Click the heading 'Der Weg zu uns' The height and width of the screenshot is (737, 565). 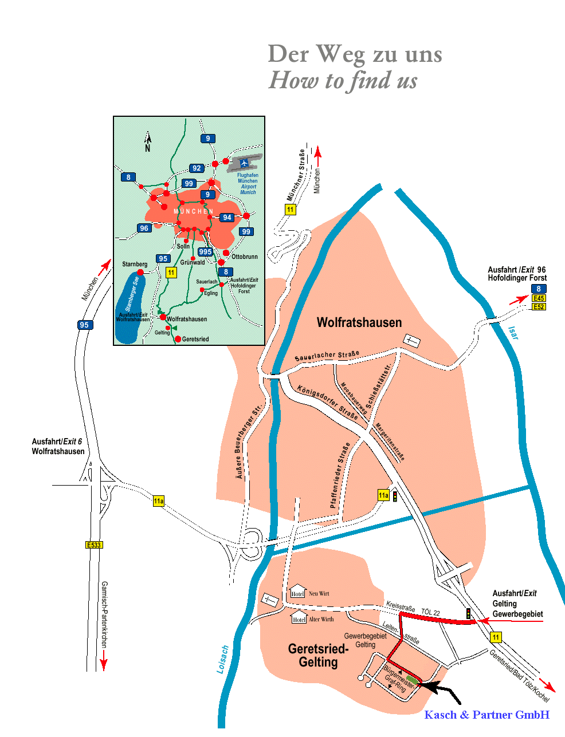355,54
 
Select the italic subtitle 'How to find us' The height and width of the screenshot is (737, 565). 343,81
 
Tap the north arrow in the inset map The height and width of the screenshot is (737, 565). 147,141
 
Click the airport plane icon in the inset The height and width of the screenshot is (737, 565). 245,163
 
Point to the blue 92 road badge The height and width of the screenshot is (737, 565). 197,168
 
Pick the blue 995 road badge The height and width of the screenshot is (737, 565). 205,252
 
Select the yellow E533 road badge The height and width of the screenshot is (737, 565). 93,545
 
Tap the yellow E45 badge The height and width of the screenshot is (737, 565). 538,298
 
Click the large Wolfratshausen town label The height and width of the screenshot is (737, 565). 359,322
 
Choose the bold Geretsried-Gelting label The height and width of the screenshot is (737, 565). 318,656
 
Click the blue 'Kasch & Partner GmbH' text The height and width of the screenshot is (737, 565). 486,715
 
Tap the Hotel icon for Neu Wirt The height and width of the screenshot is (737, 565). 297,592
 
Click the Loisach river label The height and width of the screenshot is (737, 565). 223,660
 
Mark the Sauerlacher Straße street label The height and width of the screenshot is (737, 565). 327,356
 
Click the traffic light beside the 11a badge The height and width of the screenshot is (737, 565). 395,496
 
